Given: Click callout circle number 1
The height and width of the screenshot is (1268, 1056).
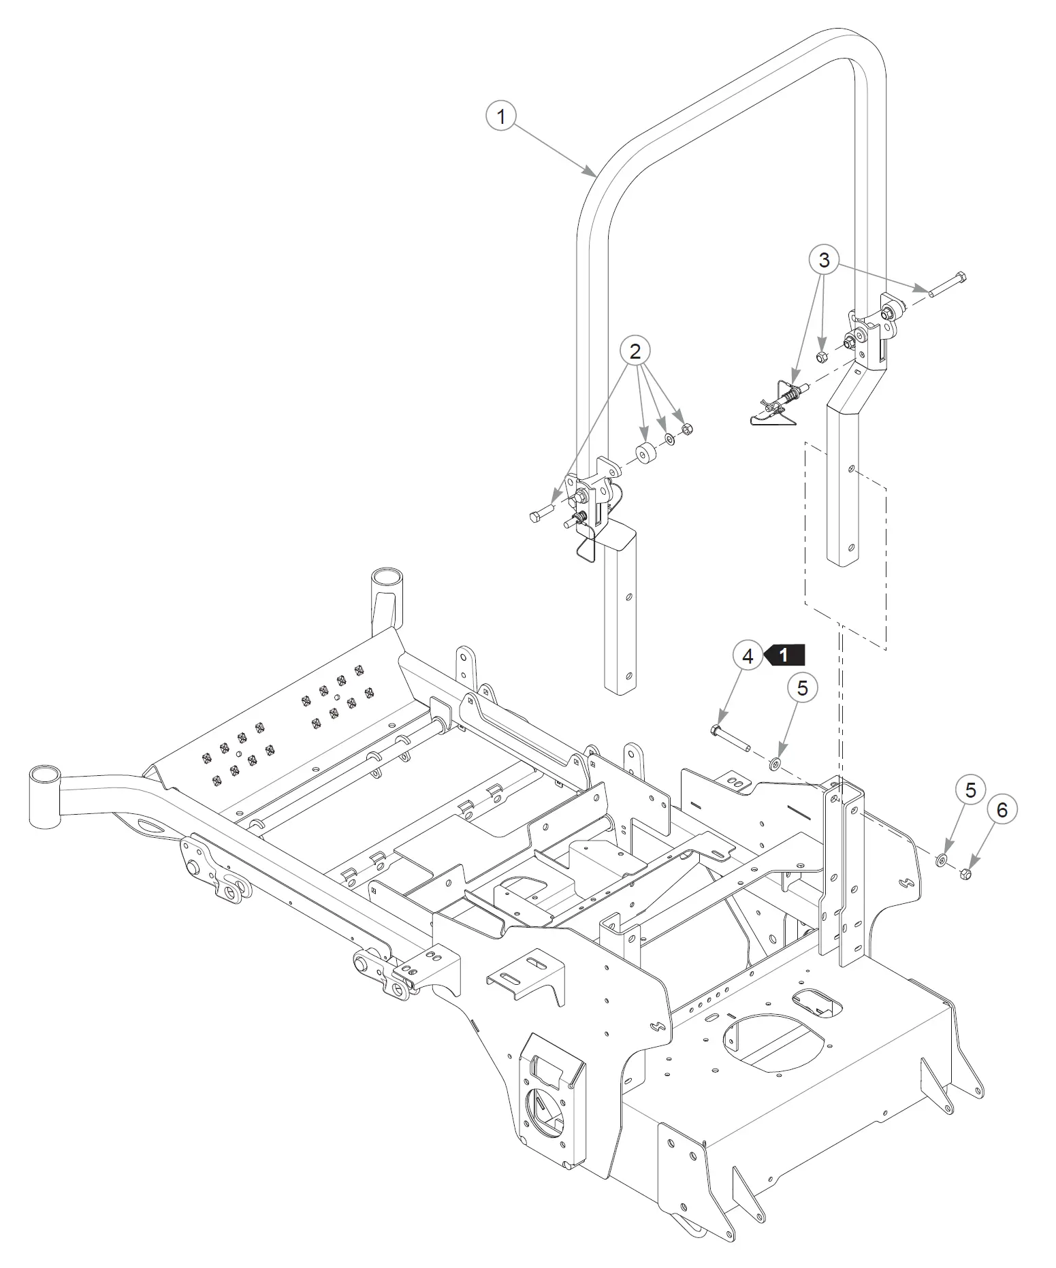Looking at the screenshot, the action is [502, 116].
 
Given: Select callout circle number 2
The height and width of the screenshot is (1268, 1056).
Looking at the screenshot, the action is [635, 352].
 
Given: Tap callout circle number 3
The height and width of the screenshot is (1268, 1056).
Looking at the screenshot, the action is [824, 259].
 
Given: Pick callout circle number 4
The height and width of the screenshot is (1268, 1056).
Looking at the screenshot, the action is [748, 656].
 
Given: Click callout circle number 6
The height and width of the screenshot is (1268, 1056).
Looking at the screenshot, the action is [1002, 809].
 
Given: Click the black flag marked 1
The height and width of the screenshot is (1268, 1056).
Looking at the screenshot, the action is [784, 655].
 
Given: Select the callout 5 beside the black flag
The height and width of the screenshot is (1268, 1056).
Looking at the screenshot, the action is [803, 688].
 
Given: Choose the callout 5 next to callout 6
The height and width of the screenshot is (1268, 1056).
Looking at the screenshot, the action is [970, 790].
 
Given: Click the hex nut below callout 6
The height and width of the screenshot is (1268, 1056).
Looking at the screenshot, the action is [965, 875].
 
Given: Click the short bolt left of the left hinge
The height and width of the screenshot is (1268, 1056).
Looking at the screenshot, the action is [541, 513].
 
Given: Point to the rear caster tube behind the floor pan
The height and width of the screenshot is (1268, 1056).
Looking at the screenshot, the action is [386, 600].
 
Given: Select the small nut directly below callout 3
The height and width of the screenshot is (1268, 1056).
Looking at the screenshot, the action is [822, 357].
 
